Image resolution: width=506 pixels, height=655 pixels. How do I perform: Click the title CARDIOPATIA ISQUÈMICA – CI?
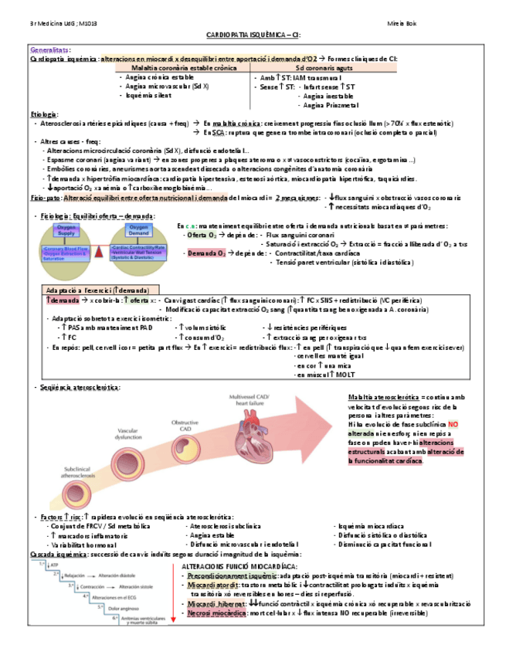(x=253, y=36)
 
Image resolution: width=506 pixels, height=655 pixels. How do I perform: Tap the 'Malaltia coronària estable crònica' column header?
(x=178, y=68)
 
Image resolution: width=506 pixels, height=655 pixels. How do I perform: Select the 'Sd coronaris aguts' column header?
(x=322, y=68)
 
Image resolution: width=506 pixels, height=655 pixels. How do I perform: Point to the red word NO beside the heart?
(x=453, y=425)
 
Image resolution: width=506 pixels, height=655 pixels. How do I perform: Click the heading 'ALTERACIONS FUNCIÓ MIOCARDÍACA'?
(x=232, y=566)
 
